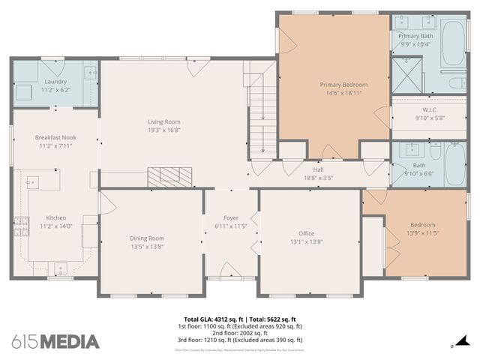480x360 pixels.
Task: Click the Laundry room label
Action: (55, 82)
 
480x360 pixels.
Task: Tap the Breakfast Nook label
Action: (55, 138)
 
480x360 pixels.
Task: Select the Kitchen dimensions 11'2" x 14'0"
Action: (55, 226)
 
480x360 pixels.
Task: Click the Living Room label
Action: (163, 121)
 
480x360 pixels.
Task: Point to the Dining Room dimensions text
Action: (146, 246)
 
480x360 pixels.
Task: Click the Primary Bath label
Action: (415, 36)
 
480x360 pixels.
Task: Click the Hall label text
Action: (318, 170)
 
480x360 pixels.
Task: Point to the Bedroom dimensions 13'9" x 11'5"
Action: (421, 233)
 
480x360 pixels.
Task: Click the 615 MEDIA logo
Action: (55, 341)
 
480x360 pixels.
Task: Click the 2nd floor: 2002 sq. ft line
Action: (240, 334)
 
